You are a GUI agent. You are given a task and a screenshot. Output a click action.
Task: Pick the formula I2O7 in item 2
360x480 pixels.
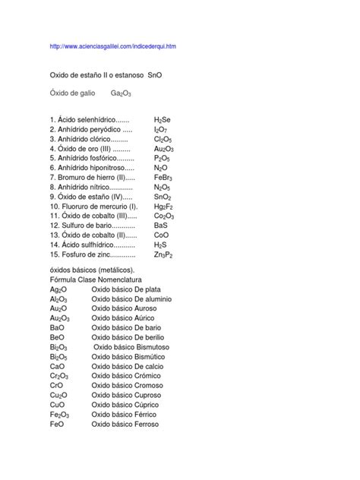[161, 129]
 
